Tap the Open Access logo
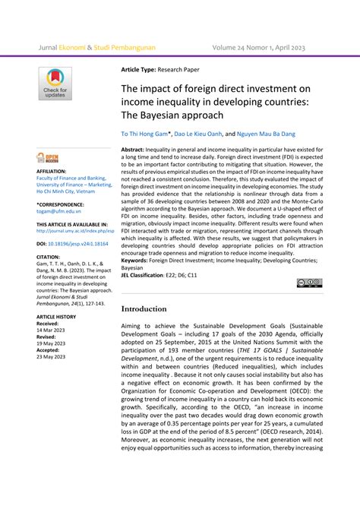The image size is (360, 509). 46,157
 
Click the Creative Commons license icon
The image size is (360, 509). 310,283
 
